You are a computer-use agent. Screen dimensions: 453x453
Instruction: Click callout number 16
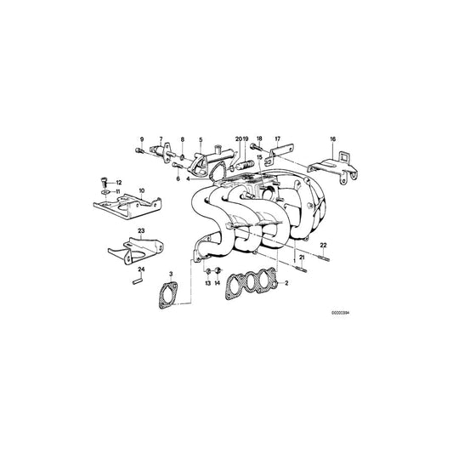point(333,137)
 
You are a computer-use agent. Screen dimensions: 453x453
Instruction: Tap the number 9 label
point(142,137)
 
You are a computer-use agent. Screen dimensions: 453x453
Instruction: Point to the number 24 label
point(143,269)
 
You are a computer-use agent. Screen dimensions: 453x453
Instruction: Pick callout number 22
point(323,246)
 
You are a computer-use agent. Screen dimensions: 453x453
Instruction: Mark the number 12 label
point(119,183)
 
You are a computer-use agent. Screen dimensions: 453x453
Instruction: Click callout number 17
point(276,137)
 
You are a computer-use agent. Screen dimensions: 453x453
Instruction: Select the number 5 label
point(201,137)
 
